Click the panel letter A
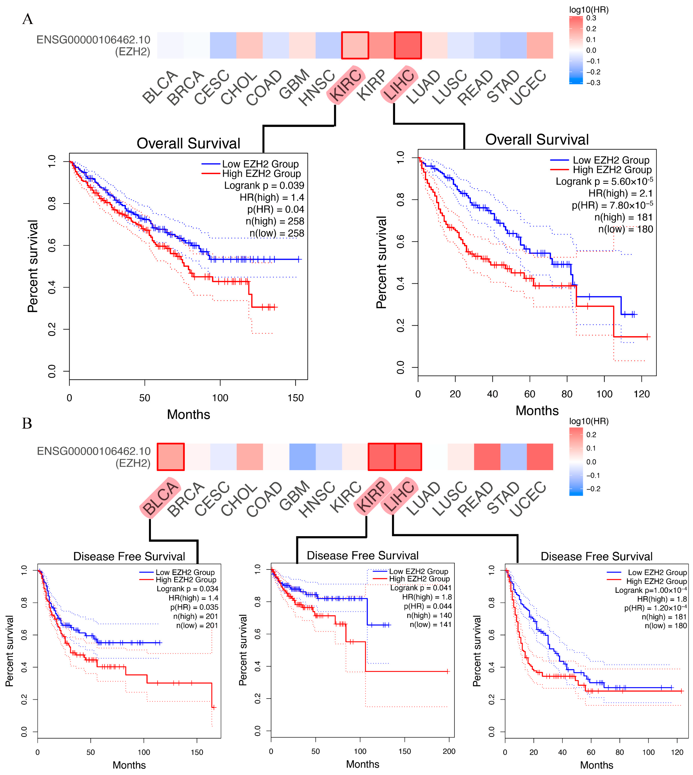pos(27,19)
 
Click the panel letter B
pos(27,423)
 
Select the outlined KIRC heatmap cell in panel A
pos(355,45)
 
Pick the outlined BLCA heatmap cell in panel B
pos(171,457)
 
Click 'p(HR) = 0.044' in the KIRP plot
pos(428,606)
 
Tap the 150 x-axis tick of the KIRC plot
pos(295,398)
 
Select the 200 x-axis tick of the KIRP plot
pos(449,751)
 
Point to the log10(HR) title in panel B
pos(589,421)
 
